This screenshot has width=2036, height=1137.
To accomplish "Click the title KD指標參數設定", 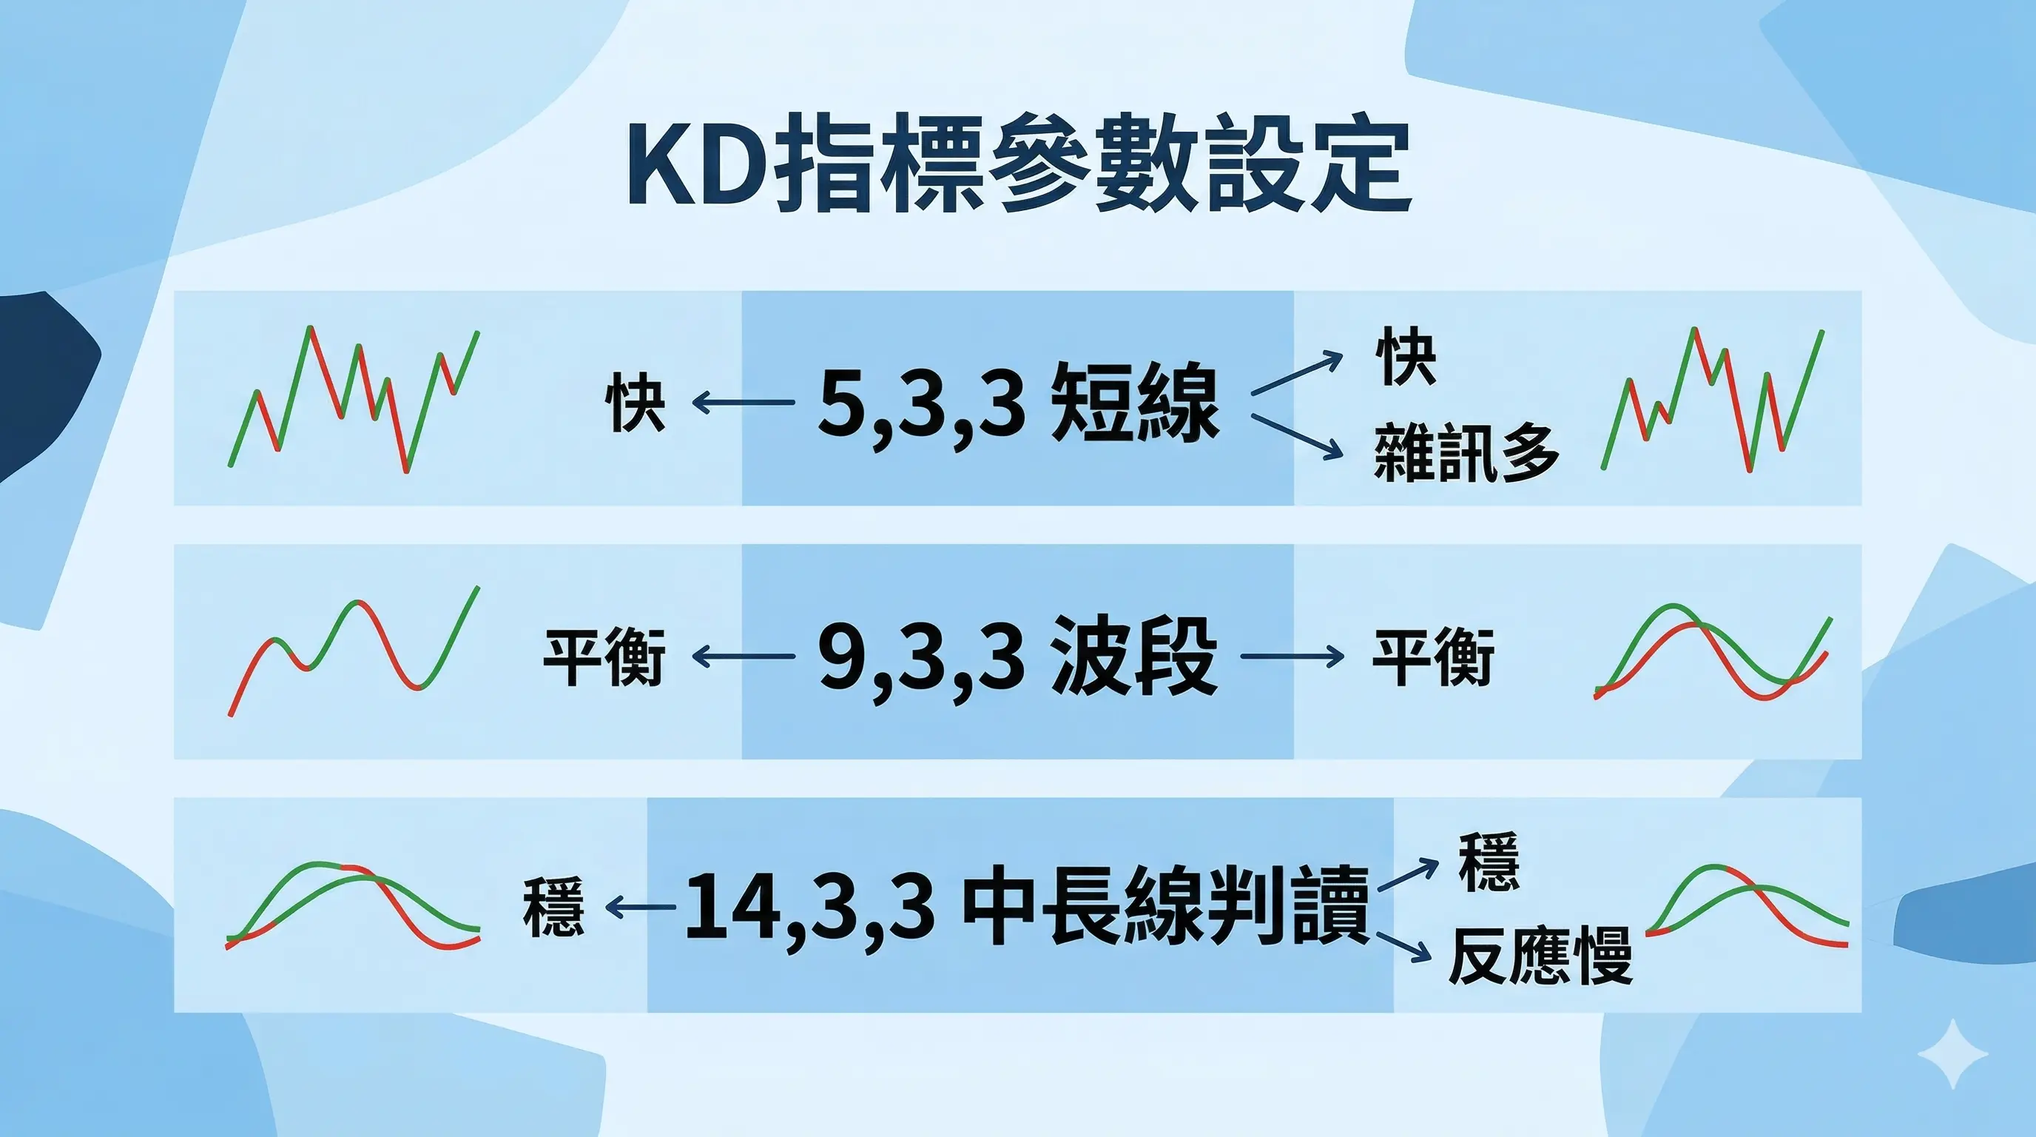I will point(1018,166).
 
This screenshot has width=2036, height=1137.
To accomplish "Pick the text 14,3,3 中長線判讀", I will point(1026,908).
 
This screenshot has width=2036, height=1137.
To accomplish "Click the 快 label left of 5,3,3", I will point(635,403).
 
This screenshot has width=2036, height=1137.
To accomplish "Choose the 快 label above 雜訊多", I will point(1404,358).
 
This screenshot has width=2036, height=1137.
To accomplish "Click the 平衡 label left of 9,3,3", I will point(604,657).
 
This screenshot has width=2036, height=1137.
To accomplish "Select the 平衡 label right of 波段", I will point(1433,657).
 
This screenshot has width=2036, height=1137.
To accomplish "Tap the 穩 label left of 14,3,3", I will point(553,907).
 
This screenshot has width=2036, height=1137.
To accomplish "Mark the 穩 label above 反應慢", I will point(1489,862).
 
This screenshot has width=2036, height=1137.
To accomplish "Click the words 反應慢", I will point(1540,956).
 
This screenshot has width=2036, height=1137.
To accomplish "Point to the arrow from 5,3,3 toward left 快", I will point(743,403).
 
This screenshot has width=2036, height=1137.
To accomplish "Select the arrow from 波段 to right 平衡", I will point(1292,657).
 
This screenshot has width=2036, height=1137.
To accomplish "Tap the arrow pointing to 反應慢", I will point(1403,947).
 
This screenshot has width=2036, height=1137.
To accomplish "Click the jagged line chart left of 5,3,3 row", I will point(354,398).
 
